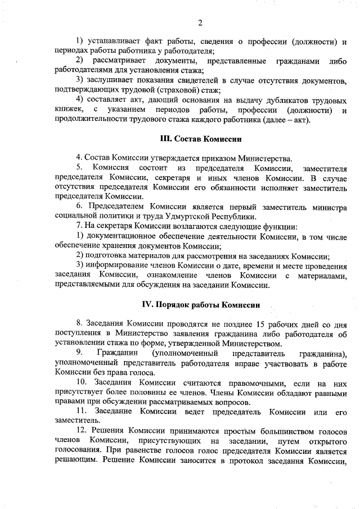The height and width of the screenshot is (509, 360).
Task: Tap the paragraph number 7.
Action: coord(79,226)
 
